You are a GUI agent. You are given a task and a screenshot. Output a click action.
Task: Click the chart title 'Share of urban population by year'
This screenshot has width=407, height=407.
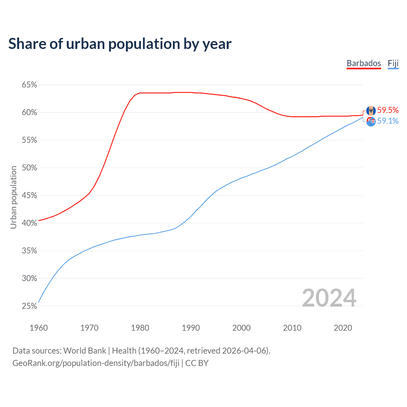[120, 44]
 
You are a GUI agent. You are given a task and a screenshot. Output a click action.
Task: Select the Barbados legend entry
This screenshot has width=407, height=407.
[363, 63]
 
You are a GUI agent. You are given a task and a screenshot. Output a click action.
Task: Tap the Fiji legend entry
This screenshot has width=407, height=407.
[393, 63]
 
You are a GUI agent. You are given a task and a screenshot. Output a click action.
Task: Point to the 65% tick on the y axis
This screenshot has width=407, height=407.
[29, 85]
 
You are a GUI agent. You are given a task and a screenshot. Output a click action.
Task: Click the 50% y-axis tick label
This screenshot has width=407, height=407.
[29, 168]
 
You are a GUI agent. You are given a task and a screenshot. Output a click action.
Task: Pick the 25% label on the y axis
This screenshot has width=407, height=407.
[29, 306]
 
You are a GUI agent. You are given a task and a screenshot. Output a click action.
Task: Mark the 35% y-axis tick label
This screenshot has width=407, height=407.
[29, 251]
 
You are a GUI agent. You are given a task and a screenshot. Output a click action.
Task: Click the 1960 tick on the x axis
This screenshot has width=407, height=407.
[38, 328]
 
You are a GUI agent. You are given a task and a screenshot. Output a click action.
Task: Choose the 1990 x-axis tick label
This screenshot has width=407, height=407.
[191, 328]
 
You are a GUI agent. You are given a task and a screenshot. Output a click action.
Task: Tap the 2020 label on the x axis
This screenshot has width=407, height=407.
[343, 328]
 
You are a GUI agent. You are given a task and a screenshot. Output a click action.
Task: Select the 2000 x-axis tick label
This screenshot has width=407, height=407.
[241, 328]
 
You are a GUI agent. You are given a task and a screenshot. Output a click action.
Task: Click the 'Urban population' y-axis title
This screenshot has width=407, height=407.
[13, 197]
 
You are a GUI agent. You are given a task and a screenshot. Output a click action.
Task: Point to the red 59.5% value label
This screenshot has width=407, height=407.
[388, 110]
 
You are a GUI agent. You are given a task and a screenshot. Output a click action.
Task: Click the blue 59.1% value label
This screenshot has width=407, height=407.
[388, 121]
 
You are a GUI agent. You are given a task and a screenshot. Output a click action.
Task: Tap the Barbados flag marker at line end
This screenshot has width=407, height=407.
[371, 111]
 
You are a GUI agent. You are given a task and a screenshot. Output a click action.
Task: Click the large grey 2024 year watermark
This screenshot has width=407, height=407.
[329, 298]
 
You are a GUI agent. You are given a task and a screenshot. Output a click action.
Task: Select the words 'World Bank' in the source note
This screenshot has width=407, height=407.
[85, 351]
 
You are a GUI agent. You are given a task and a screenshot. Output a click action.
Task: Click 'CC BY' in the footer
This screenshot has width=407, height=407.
[197, 363]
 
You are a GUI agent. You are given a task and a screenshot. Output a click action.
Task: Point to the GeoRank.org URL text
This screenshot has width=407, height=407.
[96, 363]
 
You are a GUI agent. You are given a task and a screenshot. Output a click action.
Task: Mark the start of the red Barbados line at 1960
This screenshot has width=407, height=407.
[39, 220]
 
